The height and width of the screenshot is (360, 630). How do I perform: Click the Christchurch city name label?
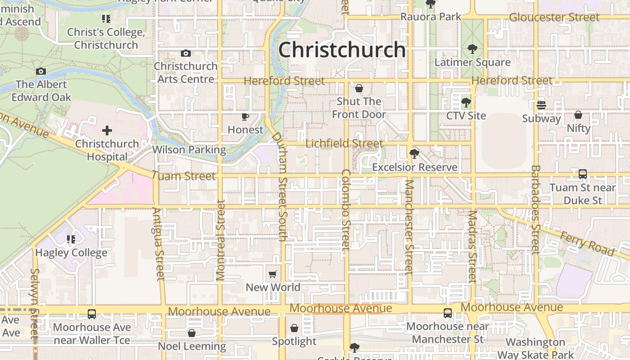(x=342, y=49)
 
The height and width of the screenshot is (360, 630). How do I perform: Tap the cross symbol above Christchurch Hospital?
(x=107, y=131)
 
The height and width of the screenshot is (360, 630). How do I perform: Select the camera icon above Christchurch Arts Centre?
(x=185, y=54)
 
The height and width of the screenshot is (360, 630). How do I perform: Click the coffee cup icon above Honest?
(x=245, y=117)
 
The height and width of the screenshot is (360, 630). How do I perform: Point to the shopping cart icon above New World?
(x=272, y=274)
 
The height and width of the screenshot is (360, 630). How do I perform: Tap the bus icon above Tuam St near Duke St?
(x=582, y=174)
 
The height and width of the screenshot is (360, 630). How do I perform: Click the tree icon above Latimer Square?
(x=472, y=49)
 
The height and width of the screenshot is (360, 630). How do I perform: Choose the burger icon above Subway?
(x=541, y=105)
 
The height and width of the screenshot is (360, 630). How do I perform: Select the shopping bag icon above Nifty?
(x=578, y=115)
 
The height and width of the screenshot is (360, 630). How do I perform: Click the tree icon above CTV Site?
(x=466, y=103)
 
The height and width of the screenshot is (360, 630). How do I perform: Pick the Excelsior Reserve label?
(x=414, y=167)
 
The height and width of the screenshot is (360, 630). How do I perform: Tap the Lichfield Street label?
(x=344, y=144)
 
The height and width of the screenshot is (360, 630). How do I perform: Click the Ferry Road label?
(x=587, y=243)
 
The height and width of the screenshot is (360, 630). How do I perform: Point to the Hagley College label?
(x=71, y=252)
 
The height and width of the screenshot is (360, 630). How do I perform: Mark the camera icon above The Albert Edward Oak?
(x=41, y=72)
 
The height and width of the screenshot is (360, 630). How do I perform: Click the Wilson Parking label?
(x=189, y=149)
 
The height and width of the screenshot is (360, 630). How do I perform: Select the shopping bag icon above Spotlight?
(x=294, y=328)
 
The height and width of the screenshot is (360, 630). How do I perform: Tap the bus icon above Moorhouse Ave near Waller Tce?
(x=92, y=314)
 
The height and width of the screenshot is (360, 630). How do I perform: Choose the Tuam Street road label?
(x=184, y=176)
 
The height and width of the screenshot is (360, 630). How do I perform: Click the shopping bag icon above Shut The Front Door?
(x=359, y=88)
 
